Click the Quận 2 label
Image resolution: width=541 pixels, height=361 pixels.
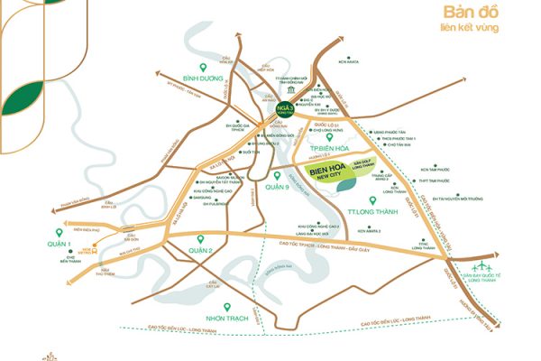pos(199,249)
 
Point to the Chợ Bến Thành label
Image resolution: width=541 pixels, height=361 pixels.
pos(68,261)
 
